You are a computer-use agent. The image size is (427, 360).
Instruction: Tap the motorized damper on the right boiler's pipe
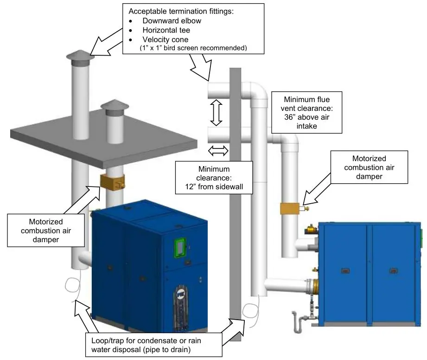291,209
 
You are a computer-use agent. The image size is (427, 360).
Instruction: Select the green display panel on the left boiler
179,247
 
